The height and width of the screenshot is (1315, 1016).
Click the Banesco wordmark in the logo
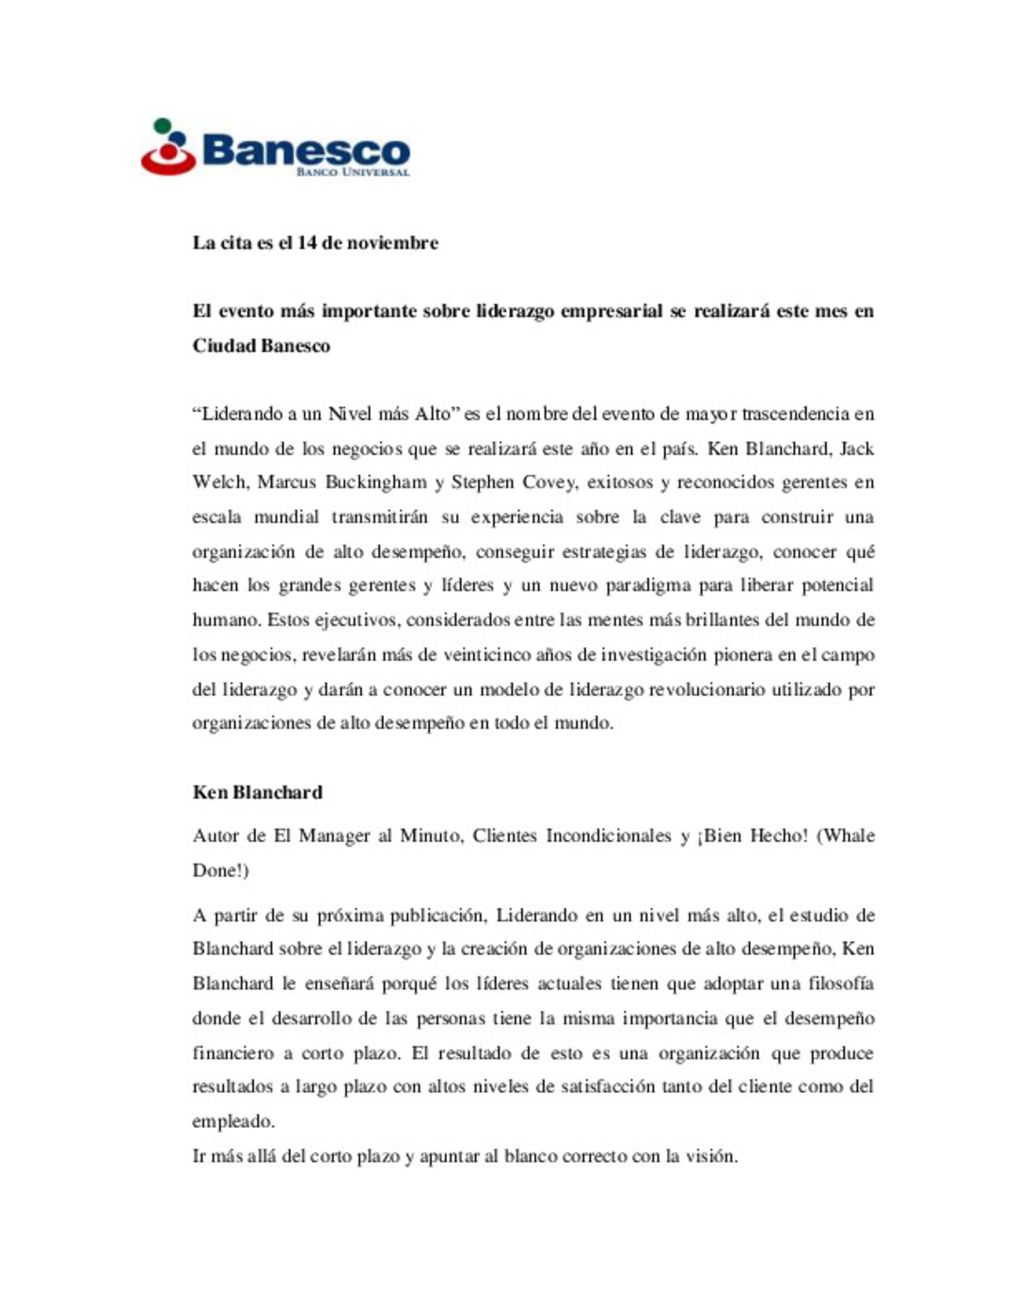click(x=306, y=150)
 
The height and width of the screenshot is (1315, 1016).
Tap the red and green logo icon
click(x=167, y=148)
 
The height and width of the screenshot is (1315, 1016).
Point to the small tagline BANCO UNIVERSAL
click(x=353, y=173)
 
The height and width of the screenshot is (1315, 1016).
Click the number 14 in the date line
click(x=307, y=243)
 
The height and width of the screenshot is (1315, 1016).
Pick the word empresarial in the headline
click(x=611, y=311)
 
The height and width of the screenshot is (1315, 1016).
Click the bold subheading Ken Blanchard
click(x=257, y=792)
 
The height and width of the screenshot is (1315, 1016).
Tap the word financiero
click(x=233, y=1054)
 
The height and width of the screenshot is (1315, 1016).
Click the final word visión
click(x=712, y=1156)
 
